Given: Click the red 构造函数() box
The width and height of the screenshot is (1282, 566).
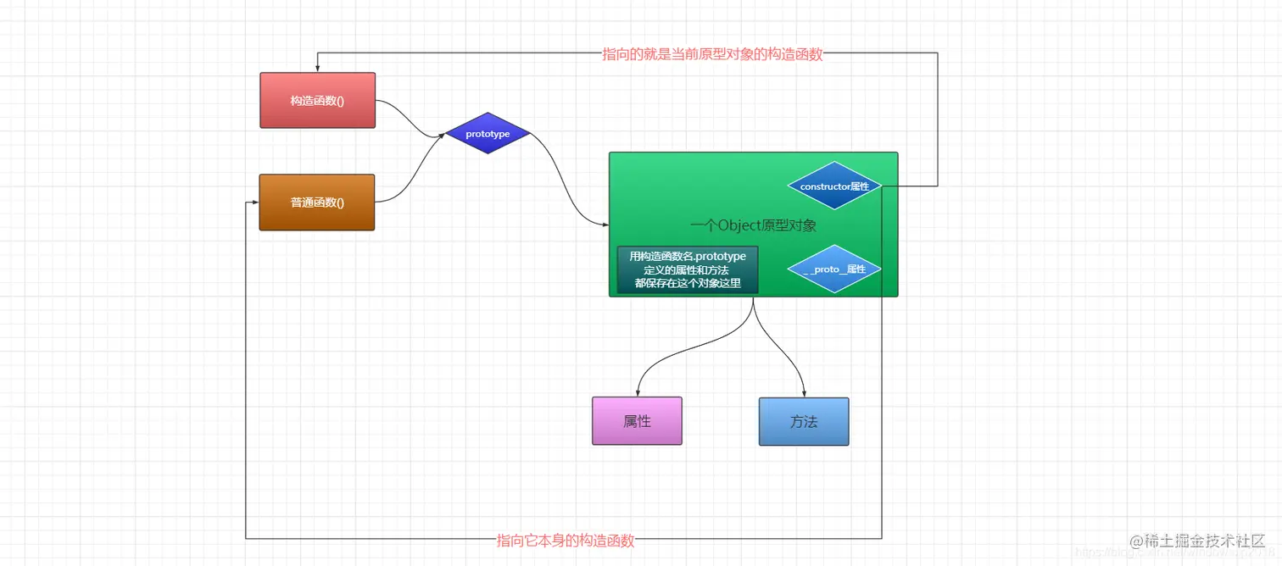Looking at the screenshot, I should click(317, 100).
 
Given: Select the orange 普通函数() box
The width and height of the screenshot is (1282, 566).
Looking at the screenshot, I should click(316, 202).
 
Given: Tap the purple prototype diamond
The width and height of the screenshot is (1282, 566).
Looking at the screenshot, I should click(488, 134).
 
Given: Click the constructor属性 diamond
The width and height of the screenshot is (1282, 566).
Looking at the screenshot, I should click(834, 186).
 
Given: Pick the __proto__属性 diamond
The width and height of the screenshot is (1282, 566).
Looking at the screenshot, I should click(834, 269).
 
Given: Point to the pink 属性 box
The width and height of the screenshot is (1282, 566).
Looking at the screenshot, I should click(637, 421).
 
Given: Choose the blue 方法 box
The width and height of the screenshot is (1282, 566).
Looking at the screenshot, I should click(803, 421).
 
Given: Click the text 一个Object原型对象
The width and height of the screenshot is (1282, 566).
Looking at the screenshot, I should click(753, 225).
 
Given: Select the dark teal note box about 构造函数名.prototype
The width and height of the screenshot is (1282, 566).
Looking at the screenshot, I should click(688, 269).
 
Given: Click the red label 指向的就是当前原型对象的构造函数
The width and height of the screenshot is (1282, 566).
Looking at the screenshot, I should click(712, 54).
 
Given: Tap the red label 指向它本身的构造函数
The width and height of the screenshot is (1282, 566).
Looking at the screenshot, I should click(566, 541).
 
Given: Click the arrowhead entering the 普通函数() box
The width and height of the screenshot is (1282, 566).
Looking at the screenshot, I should click(254, 202).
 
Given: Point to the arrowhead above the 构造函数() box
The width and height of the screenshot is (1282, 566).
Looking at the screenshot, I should click(317, 68).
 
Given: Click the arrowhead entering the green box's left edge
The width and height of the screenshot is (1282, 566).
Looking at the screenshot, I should click(605, 225).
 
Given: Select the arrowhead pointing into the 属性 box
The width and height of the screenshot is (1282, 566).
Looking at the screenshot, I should click(637, 392).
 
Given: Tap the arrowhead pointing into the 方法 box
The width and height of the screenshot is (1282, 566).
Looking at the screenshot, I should click(803, 393).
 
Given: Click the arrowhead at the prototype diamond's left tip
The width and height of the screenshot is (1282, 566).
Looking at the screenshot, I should click(442, 135).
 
